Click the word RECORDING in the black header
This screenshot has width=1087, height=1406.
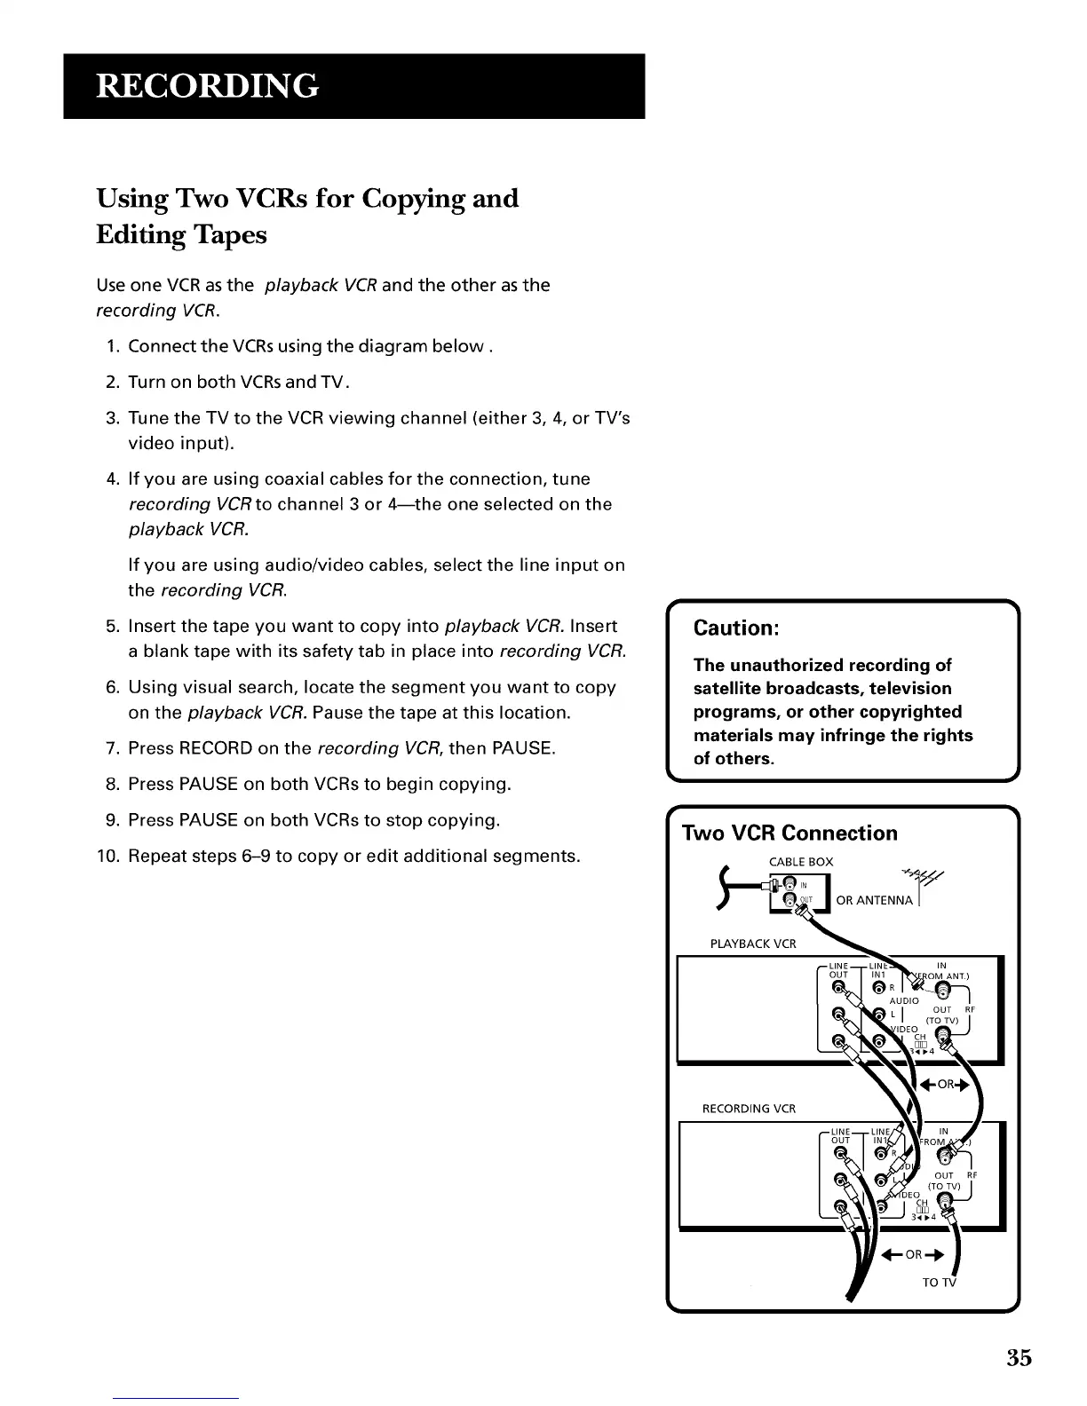[206, 85]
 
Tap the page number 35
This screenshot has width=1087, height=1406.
[1020, 1358]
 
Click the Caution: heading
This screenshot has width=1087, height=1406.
[736, 628]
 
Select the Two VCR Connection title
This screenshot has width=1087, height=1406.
[789, 833]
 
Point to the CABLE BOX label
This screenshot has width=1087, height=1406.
[800, 862]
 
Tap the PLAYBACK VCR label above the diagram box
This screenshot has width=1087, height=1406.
[753, 944]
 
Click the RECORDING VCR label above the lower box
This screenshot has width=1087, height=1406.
[749, 1109]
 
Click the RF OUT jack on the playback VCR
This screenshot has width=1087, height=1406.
[942, 1032]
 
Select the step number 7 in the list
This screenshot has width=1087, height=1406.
[113, 748]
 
